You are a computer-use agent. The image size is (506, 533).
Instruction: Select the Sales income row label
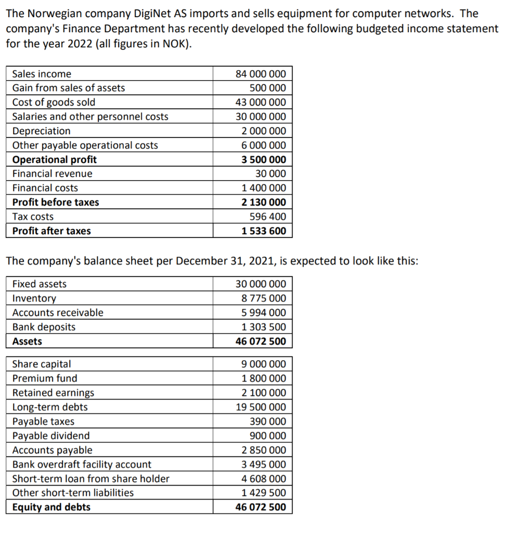pyautogui.click(x=42, y=74)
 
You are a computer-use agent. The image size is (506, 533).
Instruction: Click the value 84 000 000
pyautogui.click(x=261, y=74)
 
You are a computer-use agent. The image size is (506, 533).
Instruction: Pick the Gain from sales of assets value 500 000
pyautogui.click(x=267, y=88)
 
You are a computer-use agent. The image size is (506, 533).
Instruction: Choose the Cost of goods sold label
pyautogui.click(x=54, y=103)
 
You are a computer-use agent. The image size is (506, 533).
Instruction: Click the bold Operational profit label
pyautogui.click(x=54, y=160)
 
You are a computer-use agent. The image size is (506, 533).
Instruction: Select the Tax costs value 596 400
pyautogui.click(x=267, y=217)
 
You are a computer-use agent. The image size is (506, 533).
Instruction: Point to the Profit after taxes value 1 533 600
pyautogui.click(x=264, y=231)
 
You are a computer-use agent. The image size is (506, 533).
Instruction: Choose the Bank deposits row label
pyautogui.click(x=44, y=327)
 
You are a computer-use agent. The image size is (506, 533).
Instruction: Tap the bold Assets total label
pyautogui.click(x=27, y=341)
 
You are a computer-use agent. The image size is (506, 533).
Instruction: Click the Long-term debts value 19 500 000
pyautogui.click(x=261, y=407)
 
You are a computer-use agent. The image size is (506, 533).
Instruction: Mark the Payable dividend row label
pyautogui.click(x=50, y=436)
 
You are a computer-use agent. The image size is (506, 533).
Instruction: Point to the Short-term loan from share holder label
pyautogui.click(x=90, y=479)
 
